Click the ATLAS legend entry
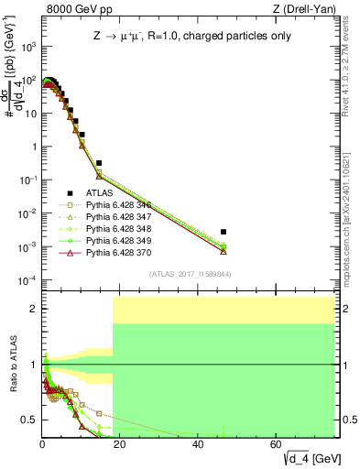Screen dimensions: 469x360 pyautogui.click(x=99, y=193)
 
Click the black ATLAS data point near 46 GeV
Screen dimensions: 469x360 pyautogui.click(x=224, y=232)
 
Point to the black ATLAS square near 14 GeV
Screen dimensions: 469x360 pyautogui.click(x=99, y=163)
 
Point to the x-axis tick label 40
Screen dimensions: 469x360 pyautogui.click(x=199, y=442)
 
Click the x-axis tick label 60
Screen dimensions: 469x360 pyautogui.click(x=277, y=442)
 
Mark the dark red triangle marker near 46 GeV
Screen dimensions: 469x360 pyautogui.click(x=224, y=250)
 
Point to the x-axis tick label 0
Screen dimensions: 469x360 pyautogui.click(x=42, y=442)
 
